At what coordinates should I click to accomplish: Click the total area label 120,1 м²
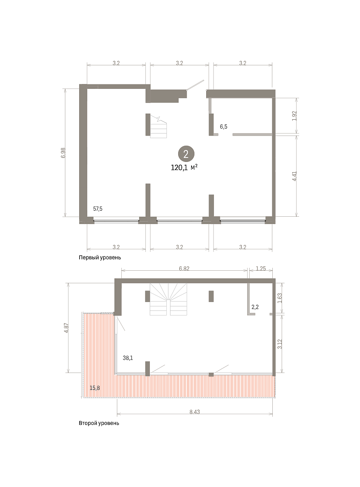(x=184, y=168)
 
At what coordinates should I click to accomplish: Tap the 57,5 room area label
(x=98, y=209)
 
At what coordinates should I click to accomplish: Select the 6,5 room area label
(x=224, y=127)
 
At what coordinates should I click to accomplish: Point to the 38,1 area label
(x=128, y=358)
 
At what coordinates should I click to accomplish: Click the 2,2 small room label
(x=255, y=307)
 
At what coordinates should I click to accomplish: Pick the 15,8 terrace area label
(x=95, y=388)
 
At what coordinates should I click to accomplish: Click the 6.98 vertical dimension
(x=63, y=153)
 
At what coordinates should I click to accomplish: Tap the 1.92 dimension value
(x=295, y=116)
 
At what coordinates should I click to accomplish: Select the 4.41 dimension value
(x=295, y=176)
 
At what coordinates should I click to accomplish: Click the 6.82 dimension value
(x=184, y=269)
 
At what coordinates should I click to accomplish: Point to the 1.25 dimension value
(x=261, y=269)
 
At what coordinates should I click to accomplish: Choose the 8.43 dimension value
(x=194, y=412)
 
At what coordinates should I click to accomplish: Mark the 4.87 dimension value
(x=67, y=328)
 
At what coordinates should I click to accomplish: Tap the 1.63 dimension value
(x=280, y=298)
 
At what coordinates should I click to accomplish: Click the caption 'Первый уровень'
(x=100, y=257)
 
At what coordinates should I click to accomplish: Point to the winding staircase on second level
(x=168, y=299)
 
